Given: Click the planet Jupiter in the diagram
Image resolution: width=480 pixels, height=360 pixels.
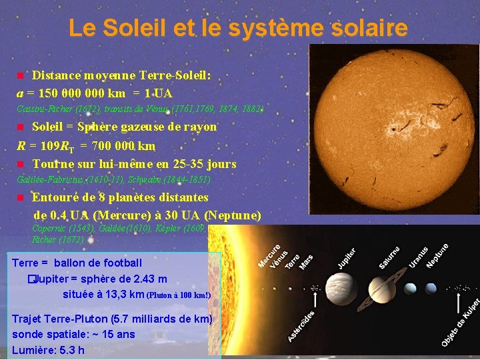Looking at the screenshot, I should click(x=351, y=288).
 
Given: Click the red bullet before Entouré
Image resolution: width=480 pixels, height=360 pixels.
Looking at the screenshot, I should click(x=20, y=198).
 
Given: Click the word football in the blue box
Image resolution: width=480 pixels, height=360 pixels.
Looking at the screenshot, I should click(x=120, y=263).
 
